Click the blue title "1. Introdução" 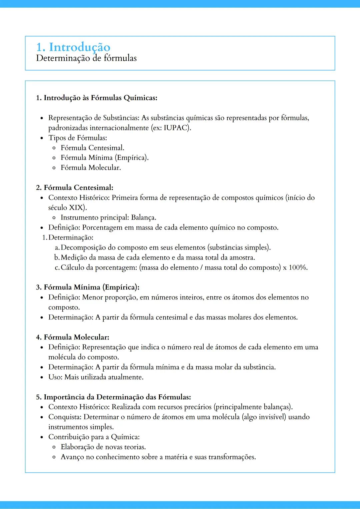coord(73,47)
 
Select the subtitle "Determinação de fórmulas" coord(86,58)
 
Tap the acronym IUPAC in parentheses coord(176,128)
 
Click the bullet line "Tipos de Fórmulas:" coord(78,138)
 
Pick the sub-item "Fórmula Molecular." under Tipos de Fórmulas coord(91,168)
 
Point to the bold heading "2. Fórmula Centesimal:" coord(75,188)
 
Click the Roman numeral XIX coord(76,208)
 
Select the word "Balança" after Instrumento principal coord(143,218)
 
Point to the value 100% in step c coord(298,267)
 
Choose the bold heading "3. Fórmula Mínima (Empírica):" coord(88,287)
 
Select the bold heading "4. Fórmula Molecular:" coord(73,337)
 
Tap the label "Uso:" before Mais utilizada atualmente coord(55,377)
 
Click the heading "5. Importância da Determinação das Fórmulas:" coord(113,397)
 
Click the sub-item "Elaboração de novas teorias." coord(103,447)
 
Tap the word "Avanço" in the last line coord(72,457)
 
